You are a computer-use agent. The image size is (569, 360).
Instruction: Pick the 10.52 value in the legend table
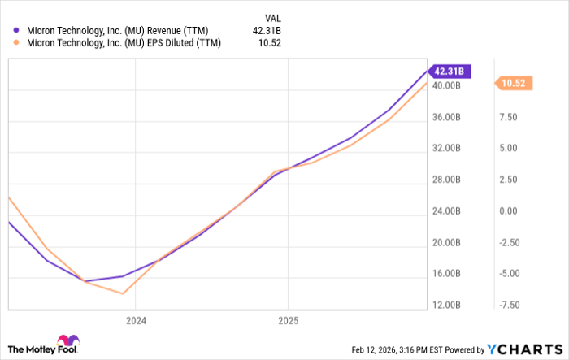277,45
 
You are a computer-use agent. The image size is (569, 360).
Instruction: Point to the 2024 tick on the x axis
135,320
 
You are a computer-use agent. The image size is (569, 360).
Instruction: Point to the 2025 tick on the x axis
288,320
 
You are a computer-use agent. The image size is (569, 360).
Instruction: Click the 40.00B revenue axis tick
448,85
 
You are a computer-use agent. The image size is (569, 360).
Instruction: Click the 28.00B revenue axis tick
448,180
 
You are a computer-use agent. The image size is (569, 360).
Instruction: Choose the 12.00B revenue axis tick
448,305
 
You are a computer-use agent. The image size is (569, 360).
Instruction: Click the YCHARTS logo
524,349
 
